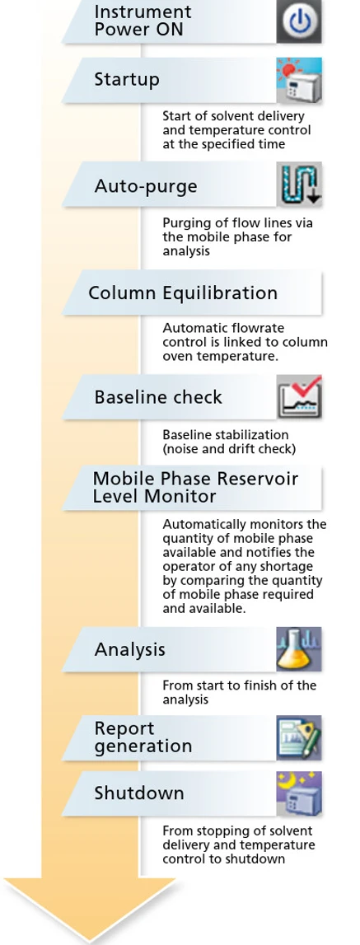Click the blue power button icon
(299, 21)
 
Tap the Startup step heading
(127, 80)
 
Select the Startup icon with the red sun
(299, 80)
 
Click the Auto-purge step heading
(145, 185)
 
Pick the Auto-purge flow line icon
(299, 185)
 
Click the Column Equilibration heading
(183, 293)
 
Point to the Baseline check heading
(158, 397)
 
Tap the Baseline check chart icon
(299, 396)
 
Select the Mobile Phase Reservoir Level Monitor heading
(195, 488)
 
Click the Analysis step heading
(129, 650)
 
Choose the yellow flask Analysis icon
(299, 649)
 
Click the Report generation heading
(143, 737)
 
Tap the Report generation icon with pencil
(299, 737)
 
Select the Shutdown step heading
(138, 793)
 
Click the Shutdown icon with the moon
(299, 793)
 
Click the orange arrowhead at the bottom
(91, 907)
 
